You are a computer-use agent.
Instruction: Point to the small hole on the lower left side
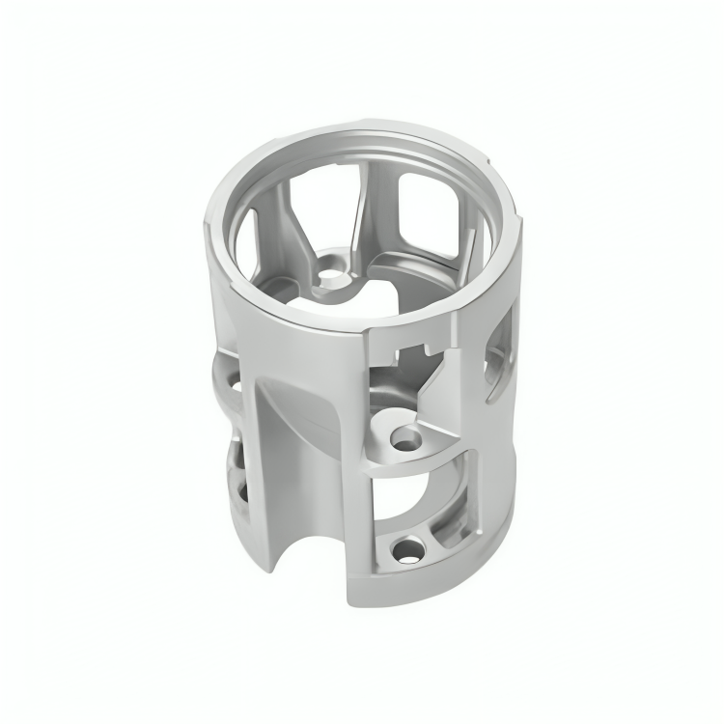[x=235, y=494]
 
